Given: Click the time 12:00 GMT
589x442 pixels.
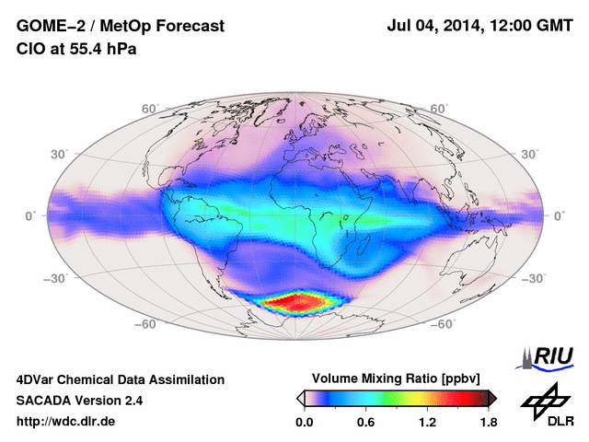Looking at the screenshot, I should pos(532,27).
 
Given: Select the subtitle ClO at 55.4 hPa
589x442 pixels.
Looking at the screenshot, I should pos(75,49).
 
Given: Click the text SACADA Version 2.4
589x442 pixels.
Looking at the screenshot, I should pos(79,401).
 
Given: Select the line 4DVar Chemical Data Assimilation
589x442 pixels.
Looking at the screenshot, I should pos(120,379).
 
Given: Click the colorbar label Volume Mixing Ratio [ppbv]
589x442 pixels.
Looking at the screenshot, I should pos(398,378).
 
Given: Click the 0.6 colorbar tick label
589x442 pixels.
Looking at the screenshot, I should pos(365,422).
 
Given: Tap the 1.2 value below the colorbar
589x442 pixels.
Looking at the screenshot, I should pos(427,422).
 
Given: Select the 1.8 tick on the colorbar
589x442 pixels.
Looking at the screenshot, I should pos(488,422).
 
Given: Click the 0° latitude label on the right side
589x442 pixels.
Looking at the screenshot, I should pos(559,215).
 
